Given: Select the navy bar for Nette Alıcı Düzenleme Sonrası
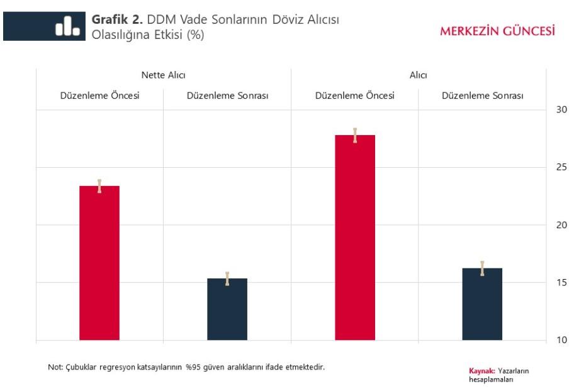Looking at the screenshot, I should coord(227,309).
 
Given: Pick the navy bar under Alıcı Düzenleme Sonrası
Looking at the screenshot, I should coord(482,304).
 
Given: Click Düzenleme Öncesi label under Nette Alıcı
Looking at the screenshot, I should coord(99,96).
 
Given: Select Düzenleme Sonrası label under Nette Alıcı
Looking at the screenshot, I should coord(227,96).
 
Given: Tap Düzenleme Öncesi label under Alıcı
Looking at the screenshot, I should coord(355,96).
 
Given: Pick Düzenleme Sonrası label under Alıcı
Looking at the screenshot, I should coord(482,96).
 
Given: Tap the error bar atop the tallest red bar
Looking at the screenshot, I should coord(355,135).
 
